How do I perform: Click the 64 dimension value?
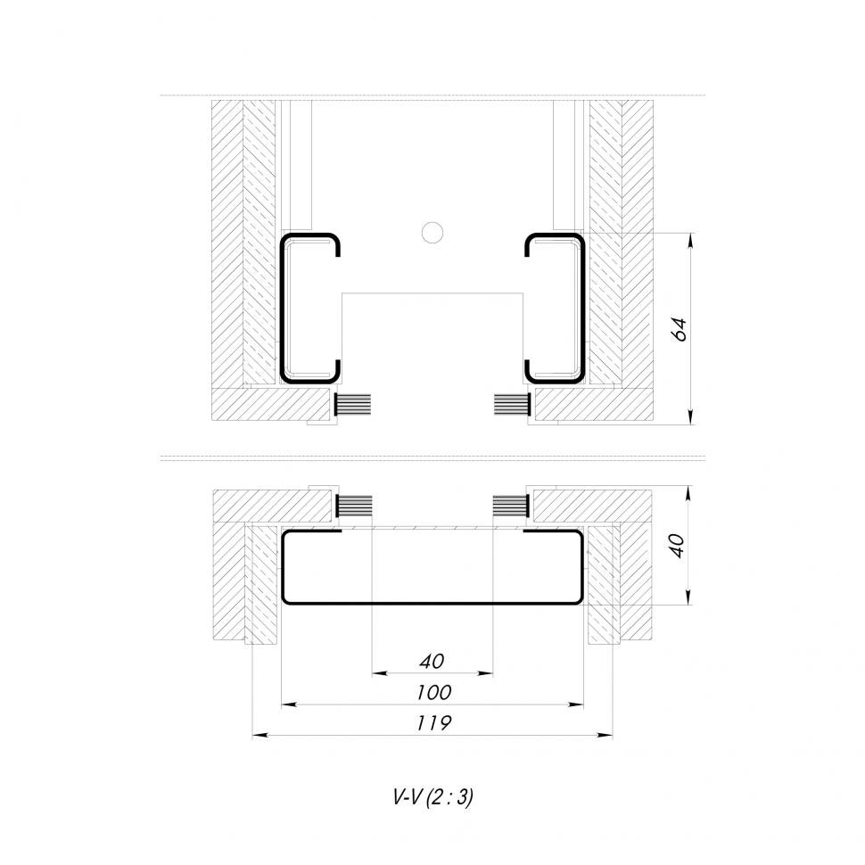point(680,329)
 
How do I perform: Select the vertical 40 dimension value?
point(678,546)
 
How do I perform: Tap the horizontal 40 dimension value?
point(432,661)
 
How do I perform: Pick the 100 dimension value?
point(433,692)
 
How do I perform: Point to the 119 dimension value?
point(433,722)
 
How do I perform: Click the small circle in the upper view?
point(432,233)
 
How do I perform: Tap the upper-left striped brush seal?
point(352,406)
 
